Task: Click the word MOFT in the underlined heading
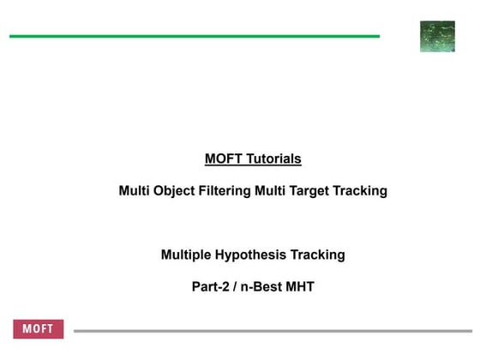pos(223,159)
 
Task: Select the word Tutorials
pos(272,159)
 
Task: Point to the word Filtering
pos(225,190)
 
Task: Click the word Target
pos(312,190)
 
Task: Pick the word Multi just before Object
pos(135,190)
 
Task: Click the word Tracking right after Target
pos(362,190)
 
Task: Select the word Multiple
pos(186,255)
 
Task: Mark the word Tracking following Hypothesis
pos(319,255)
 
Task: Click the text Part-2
pos(210,286)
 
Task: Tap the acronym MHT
pos(299,286)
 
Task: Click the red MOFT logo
pos(39,330)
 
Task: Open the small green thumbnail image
pos(437,37)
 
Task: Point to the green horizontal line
pos(195,37)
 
